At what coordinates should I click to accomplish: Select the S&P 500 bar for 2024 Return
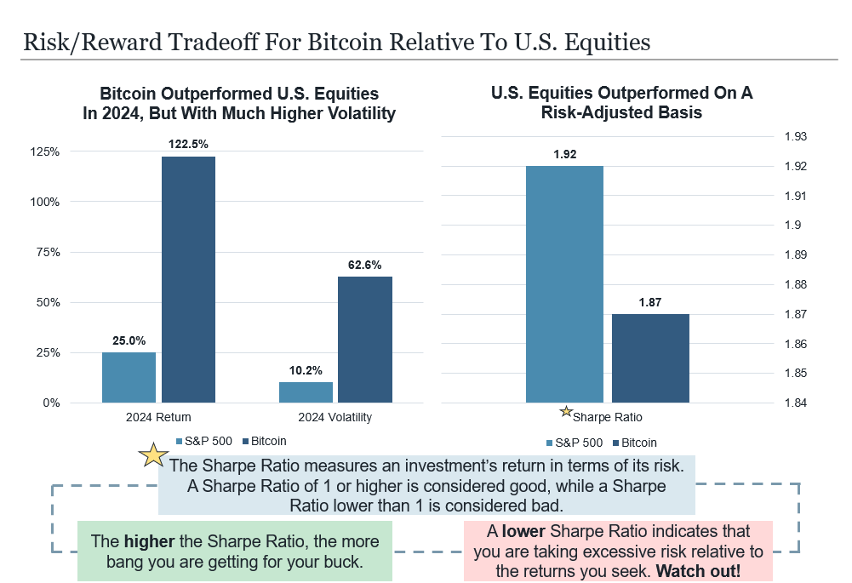pyautogui.click(x=129, y=377)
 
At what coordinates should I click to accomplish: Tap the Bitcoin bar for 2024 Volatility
pyautogui.click(x=365, y=340)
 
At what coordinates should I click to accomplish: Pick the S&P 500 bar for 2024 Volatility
pyautogui.click(x=306, y=392)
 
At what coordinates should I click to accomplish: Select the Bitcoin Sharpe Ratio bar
pyautogui.click(x=650, y=358)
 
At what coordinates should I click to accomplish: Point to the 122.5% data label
pyautogui.click(x=188, y=144)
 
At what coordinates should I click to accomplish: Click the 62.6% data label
pyautogui.click(x=365, y=265)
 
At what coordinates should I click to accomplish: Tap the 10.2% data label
pyautogui.click(x=306, y=370)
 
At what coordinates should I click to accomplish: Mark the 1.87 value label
pyautogui.click(x=650, y=302)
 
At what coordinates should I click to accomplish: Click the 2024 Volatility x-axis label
pyautogui.click(x=335, y=418)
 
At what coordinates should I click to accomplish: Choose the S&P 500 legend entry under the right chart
pyautogui.click(x=574, y=443)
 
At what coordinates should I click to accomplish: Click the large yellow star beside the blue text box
pyautogui.click(x=153, y=455)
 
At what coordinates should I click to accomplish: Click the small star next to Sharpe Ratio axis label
pyautogui.click(x=566, y=412)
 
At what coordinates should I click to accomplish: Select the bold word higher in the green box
pyautogui.click(x=150, y=541)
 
